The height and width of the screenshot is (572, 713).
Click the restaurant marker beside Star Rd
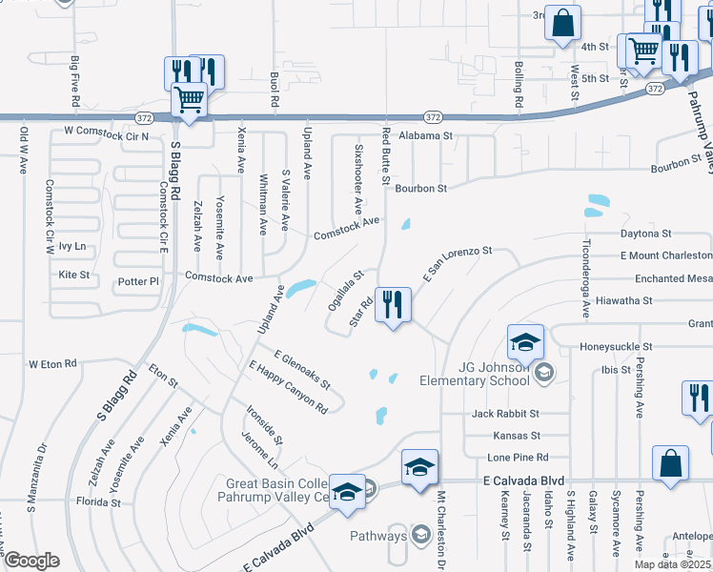(x=393, y=305)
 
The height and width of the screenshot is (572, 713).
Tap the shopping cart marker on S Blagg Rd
(x=190, y=99)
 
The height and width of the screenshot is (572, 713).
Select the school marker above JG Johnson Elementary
(x=525, y=341)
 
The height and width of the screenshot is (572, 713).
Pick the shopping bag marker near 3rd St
(x=562, y=23)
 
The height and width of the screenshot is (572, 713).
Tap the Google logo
(x=31, y=562)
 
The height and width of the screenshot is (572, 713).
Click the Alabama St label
(x=425, y=136)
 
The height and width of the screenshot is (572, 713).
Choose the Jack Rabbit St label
(x=505, y=414)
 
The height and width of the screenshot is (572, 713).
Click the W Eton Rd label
(x=51, y=364)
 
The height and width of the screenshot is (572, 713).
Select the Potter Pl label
(x=139, y=282)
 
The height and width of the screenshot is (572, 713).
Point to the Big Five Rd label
(x=75, y=80)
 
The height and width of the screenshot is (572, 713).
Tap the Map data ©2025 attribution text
(x=672, y=564)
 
